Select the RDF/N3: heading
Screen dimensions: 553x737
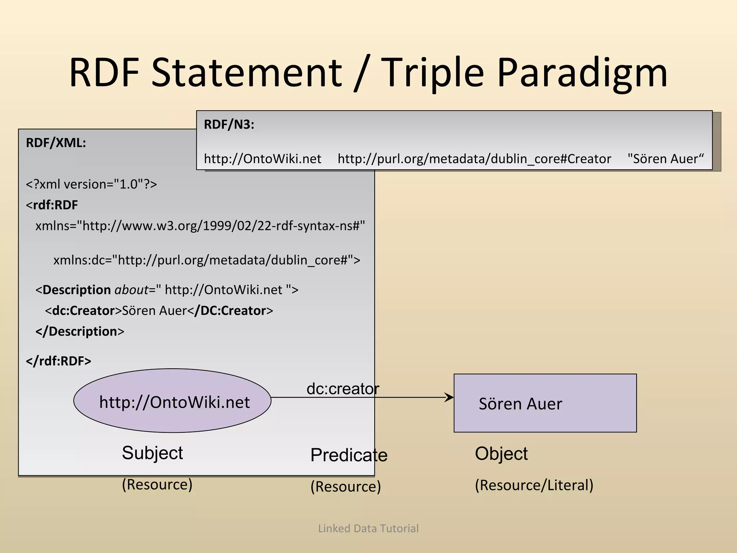(229, 125)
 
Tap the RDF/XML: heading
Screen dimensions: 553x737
(56, 143)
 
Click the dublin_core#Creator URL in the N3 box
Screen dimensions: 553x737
(474, 159)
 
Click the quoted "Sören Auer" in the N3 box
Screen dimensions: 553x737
(665, 159)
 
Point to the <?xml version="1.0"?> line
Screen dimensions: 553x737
(91, 184)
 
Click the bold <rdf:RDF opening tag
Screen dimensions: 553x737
(52, 205)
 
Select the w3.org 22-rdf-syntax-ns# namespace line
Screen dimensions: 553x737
(200, 226)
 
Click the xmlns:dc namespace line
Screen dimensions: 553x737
(207, 260)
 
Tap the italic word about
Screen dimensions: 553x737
(131, 290)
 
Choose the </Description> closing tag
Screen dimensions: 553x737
(80, 332)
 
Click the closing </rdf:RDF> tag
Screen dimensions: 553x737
(58, 361)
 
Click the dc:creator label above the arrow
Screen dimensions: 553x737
(343, 389)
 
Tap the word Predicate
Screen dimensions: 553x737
(349, 455)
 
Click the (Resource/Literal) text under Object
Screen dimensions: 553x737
(534, 485)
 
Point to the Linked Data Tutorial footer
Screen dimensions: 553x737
(368, 529)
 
